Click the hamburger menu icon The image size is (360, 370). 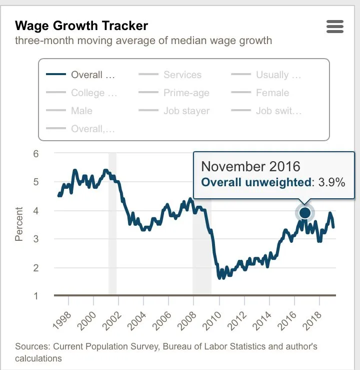point(334,27)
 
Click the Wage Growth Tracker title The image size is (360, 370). point(81,26)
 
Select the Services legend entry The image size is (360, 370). point(182,75)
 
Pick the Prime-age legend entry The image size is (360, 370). point(186,93)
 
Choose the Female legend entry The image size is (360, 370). point(272,93)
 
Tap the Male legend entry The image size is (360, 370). point(81,111)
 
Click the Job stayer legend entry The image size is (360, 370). point(186,111)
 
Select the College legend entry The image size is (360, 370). point(93,93)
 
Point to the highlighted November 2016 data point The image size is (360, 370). point(305,213)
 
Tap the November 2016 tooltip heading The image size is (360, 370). point(250,166)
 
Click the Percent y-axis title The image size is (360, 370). point(19,224)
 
